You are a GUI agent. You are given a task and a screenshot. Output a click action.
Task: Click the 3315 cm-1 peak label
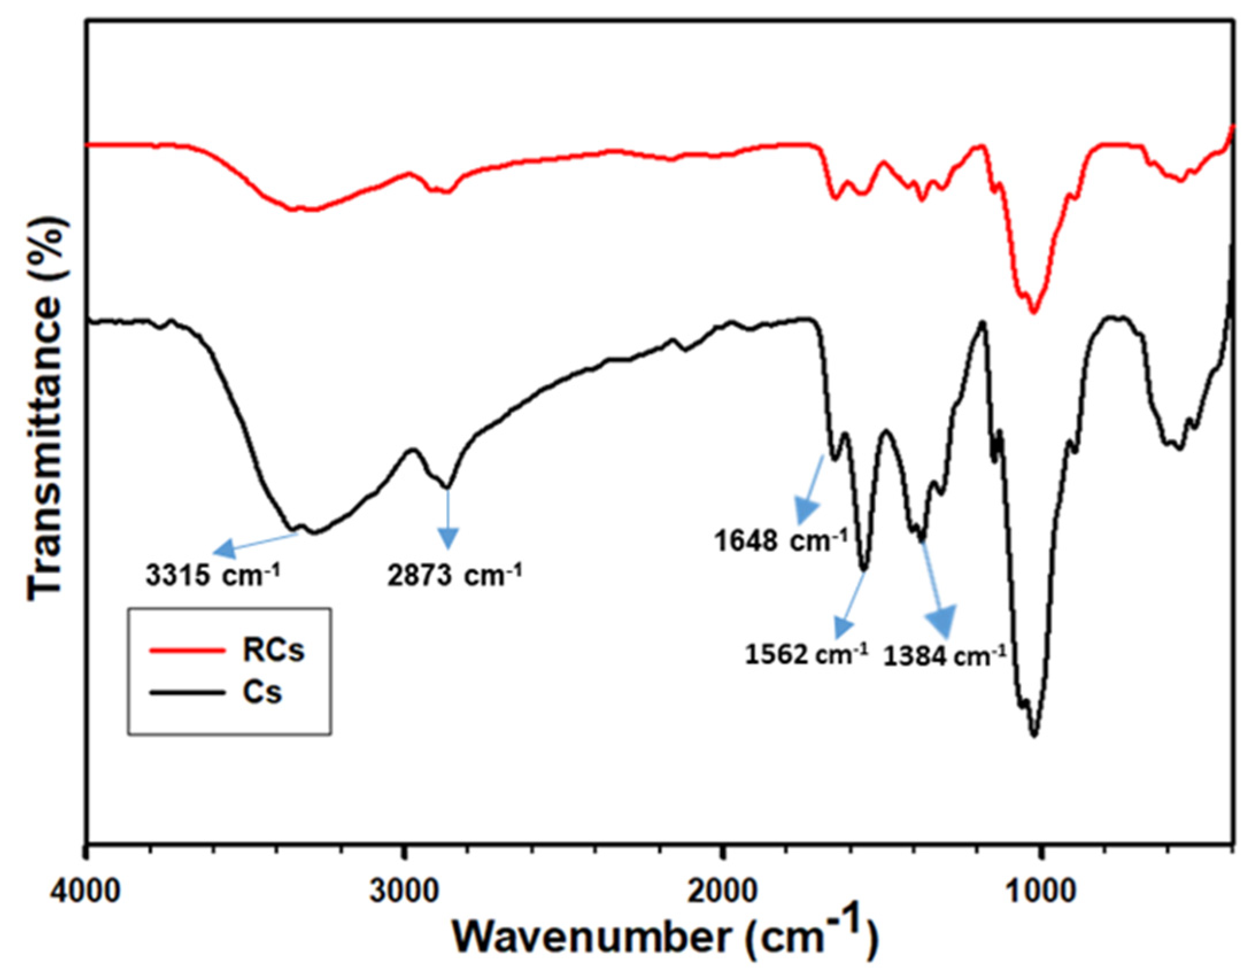[x=212, y=575]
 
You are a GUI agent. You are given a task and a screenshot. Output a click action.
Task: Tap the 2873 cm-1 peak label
[x=454, y=575]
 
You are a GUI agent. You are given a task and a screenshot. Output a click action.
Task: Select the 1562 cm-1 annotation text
[x=806, y=653]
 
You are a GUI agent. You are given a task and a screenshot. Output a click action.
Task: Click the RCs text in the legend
[x=273, y=650]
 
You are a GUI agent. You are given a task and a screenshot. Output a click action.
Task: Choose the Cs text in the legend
[x=262, y=692]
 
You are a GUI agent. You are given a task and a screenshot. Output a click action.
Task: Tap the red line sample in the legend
[x=187, y=650]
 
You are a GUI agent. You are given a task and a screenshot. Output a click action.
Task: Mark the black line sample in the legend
[x=187, y=693]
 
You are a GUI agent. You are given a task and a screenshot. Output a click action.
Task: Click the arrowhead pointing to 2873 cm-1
[x=448, y=539]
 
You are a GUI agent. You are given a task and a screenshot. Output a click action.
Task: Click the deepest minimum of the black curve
[x=1034, y=735]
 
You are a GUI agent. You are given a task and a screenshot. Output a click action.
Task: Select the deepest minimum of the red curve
[x=1034, y=312]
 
